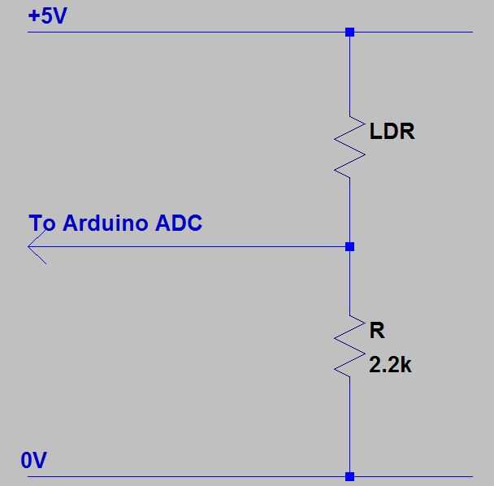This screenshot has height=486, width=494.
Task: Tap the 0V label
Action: [34, 461]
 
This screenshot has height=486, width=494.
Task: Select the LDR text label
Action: [392, 132]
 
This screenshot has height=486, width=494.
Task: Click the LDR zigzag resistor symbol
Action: [349, 146]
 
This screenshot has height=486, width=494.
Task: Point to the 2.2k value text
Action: [391, 366]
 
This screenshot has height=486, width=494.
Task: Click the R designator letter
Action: [377, 331]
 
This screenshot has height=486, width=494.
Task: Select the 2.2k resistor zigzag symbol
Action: [349, 345]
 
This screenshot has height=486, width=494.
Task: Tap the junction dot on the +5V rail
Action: [349, 33]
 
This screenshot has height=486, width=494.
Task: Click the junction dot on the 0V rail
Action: [349, 476]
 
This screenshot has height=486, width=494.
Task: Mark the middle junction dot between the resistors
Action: [349, 245]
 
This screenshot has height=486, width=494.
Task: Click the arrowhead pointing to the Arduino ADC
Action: [37, 246]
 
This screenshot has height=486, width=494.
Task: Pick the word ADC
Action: [178, 223]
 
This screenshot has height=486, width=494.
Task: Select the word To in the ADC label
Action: [42, 223]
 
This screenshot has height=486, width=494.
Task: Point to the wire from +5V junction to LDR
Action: [349, 73]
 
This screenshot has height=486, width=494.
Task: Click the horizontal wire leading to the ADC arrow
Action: [195, 245]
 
